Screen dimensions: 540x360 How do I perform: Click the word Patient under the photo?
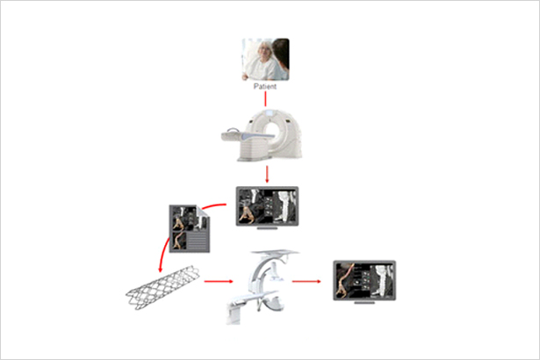(265, 86)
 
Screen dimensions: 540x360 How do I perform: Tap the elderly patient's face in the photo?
(265, 52)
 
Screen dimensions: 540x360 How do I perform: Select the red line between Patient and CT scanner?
(265, 99)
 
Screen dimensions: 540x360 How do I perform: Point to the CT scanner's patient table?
(244, 136)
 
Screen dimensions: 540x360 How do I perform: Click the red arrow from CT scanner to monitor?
(267, 175)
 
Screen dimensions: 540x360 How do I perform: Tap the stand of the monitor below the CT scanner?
(267, 227)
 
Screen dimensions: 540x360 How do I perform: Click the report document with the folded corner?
(190, 229)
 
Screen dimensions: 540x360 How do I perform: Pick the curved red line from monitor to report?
(212, 205)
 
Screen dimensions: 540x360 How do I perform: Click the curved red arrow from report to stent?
(162, 253)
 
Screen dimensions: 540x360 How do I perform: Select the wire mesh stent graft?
(162, 287)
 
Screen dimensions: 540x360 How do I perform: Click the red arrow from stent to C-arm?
(219, 282)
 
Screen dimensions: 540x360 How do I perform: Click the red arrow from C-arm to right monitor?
(306, 282)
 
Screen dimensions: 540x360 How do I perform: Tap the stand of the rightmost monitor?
(364, 302)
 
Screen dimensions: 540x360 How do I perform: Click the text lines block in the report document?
(198, 241)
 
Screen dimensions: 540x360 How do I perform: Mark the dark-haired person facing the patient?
(282, 57)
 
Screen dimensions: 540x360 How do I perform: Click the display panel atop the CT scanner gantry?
(269, 112)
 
